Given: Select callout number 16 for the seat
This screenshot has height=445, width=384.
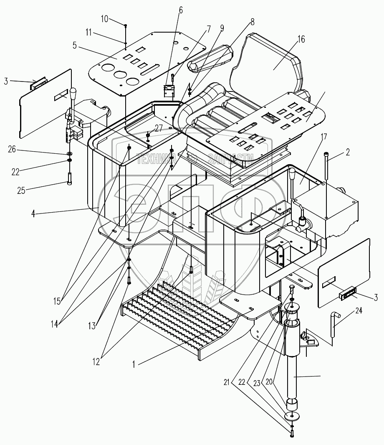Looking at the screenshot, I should click(x=301, y=40).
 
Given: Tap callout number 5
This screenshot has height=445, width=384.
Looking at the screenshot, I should click(x=74, y=46).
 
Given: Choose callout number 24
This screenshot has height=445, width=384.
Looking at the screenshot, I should click(x=359, y=310).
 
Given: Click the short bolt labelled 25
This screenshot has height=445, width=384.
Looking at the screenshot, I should click(x=69, y=179).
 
